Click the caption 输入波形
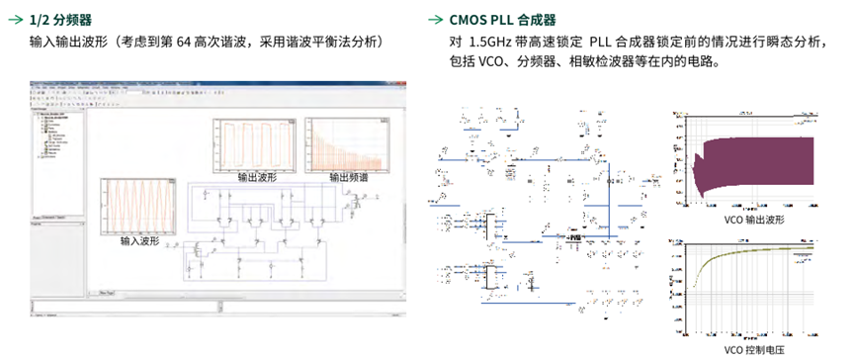click(x=140, y=240)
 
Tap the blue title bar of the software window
click(x=213, y=79)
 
